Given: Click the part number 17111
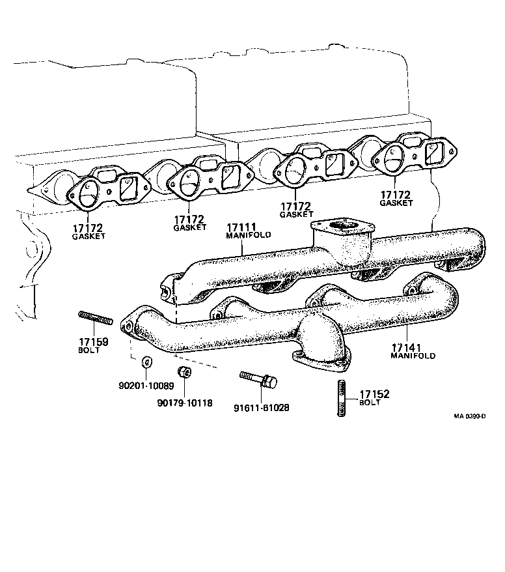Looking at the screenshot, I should [x=241, y=227].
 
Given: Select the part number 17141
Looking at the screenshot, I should [x=409, y=348].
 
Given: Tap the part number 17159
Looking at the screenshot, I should [x=94, y=342].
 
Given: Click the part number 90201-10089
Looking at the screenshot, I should [x=146, y=386].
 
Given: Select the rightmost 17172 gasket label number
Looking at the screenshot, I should [x=396, y=194].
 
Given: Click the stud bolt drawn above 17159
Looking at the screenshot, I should [x=97, y=318].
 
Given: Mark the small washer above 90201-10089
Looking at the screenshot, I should [x=146, y=363].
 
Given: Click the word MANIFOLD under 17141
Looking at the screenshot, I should [x=413, y=357].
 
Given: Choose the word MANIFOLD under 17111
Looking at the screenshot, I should [x=248, y=235].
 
